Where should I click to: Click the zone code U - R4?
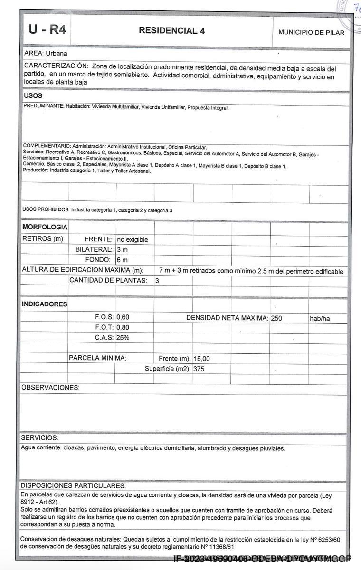47,30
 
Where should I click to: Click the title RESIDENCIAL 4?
172,31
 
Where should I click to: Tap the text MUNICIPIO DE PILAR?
311,32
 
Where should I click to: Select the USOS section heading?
33,96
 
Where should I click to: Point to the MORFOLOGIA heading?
45,228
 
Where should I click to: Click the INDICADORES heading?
45,304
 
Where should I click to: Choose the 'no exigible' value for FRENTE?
133,239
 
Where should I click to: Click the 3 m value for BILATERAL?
122,250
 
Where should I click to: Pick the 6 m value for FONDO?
122,260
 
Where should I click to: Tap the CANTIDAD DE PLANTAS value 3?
157,281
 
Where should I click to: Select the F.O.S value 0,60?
123,317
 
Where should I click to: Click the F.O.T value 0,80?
123,327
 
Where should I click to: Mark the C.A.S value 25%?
123,338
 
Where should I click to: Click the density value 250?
276,318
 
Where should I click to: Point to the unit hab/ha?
320,319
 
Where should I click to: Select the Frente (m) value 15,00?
202,359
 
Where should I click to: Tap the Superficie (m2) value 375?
199,369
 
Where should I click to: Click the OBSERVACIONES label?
50,388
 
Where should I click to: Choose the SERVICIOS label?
39,437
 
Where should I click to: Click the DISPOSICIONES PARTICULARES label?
73,486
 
